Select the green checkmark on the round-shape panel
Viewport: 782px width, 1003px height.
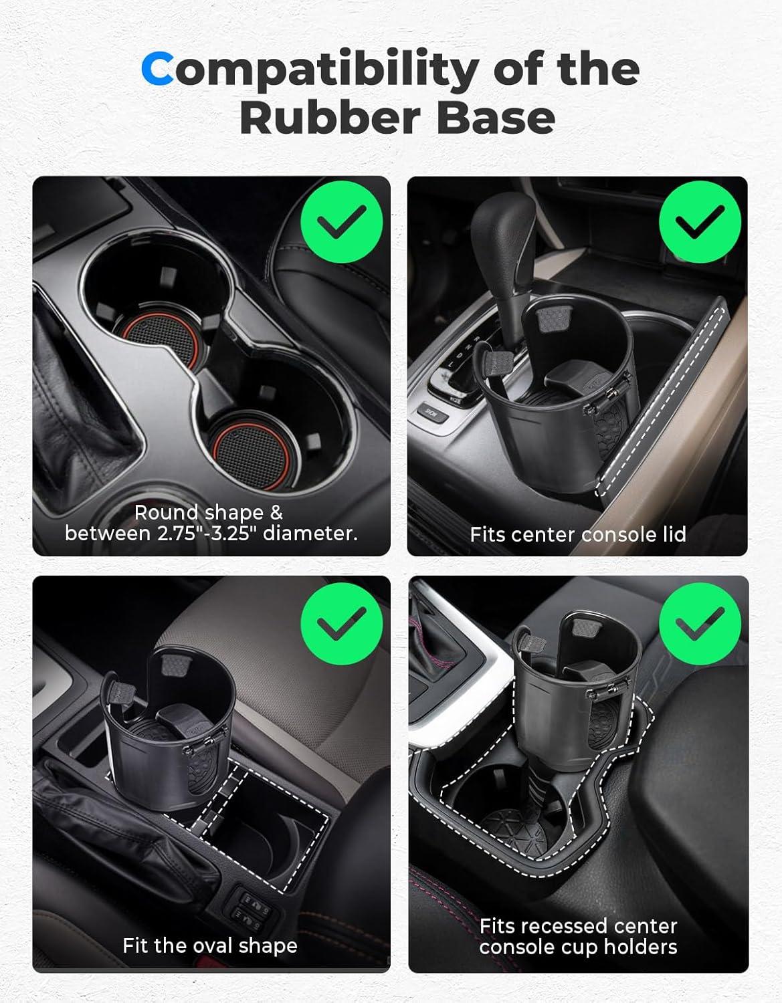(342, 222)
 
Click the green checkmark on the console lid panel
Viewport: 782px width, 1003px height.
(700, 222)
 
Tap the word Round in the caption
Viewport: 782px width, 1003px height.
(167, 512)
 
